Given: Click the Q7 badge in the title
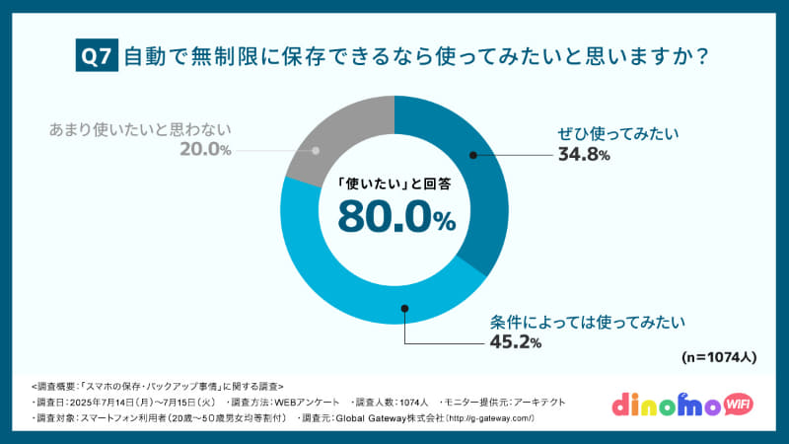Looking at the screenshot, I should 97,57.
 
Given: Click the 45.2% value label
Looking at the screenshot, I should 516,342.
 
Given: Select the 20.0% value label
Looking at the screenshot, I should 205,150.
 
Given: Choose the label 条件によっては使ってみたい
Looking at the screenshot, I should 587,322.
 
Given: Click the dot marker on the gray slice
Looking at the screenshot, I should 317,151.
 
